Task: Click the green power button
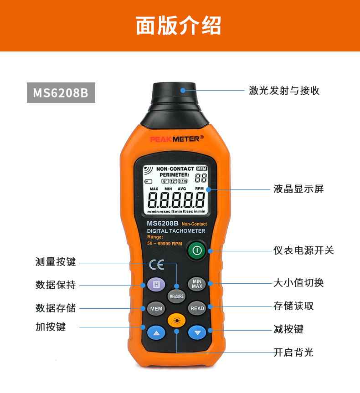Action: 196,250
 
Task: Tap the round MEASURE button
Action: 176,296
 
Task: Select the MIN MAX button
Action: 197,284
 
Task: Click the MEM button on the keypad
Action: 156,308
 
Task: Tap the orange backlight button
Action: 176,321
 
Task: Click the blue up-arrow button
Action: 156,333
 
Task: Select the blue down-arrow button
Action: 197,333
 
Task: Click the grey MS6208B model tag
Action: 61,92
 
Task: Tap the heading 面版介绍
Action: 179,26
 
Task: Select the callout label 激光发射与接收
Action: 284,90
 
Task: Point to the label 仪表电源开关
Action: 303,250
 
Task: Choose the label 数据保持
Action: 56,285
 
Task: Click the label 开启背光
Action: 293,352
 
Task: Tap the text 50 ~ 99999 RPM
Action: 165,244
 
